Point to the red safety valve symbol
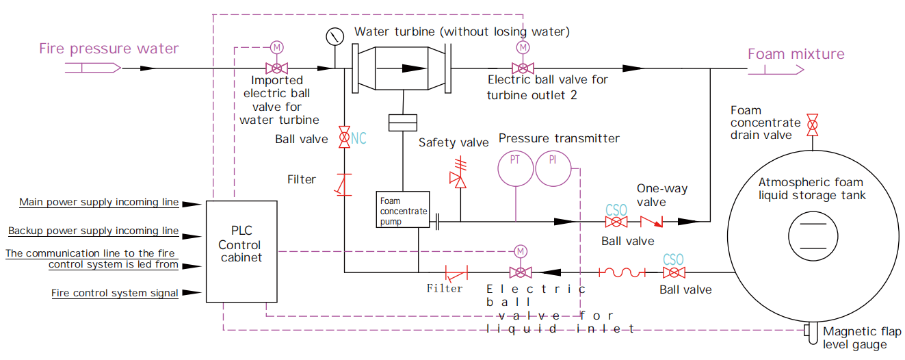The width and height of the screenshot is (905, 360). (x=458, y=174)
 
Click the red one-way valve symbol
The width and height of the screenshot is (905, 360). (x=651, y=222)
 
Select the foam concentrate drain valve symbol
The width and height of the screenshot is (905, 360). (x=813, y=125)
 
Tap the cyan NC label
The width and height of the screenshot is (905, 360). (x=358, y=138)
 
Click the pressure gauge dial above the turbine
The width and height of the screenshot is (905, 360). (x=335, y=37)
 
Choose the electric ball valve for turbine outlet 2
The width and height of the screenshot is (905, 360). (x=523, y=68)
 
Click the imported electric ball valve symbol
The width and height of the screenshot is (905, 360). (x=277, y=68)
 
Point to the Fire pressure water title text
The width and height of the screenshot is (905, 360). (x=109, y=49)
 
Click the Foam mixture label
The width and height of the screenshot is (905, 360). (x=796, y=54)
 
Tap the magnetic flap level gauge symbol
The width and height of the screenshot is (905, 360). (x=811, y=333)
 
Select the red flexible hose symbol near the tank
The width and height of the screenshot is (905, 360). (x=622, y=272)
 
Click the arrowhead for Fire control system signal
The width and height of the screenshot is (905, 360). (x=192, y=292)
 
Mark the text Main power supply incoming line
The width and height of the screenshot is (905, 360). (x=99, y=202)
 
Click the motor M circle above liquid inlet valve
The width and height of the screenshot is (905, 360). (x=521, y=251)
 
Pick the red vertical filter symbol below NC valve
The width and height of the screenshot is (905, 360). (x=344, y=185)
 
